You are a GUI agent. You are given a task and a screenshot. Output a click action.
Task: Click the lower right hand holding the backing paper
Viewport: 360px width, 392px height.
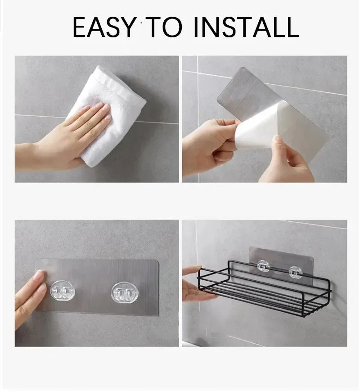pos(283,162)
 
